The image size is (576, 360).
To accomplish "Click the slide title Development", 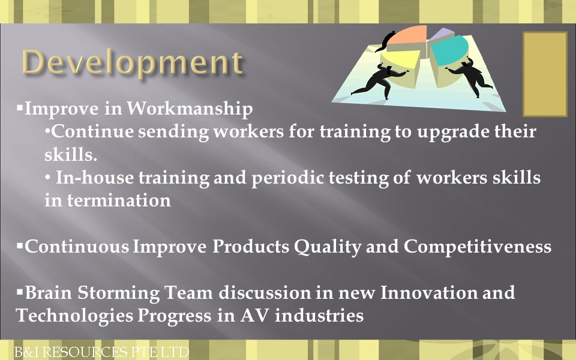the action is tap(132, 63).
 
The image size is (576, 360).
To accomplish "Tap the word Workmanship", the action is tap(190, 109).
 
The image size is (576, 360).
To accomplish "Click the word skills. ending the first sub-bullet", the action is tap(71, 154).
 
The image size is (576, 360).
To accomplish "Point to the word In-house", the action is tap(95, 178).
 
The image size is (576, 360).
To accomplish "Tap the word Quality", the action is tap(328, 247).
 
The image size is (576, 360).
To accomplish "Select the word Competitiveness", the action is tap(478, 246).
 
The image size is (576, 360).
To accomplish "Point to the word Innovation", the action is tap(428, 293).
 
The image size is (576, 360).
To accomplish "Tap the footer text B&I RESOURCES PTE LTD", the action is tap(101, 352).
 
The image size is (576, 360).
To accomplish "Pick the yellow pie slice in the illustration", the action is tap(402, 58).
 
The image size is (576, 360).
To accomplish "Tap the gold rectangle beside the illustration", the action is tap(545, 74).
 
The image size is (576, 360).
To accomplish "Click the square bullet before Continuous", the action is tap(20, 246).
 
